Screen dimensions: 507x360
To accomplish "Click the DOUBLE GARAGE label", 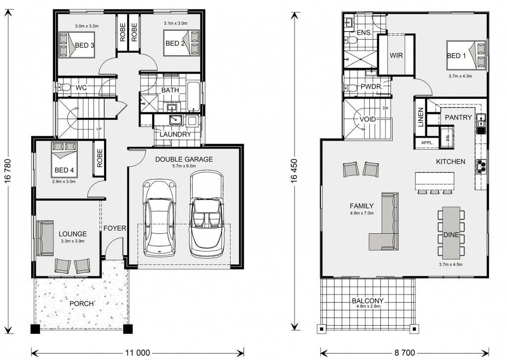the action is (184, 159).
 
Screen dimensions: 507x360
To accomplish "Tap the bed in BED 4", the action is (64, 160).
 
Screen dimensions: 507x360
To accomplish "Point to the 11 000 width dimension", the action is (138, 353).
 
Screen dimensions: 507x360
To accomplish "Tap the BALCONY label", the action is (368, 301).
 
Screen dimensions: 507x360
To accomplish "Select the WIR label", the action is (396, 55).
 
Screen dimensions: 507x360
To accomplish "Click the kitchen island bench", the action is (435, 181).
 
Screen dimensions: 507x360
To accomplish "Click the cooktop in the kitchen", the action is (480, 165).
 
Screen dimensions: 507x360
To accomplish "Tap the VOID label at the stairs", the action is (368, 119).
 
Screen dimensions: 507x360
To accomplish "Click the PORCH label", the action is (82, 304).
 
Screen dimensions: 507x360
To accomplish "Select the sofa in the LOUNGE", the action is (45, 238).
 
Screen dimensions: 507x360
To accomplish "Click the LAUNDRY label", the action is (175, 134).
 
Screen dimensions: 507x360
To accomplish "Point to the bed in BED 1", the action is (466, 55).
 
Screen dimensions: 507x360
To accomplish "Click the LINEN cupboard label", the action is (420, 117).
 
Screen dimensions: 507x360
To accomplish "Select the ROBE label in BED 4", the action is (99, 158).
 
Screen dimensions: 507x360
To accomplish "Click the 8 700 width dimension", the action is (405, 353).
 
